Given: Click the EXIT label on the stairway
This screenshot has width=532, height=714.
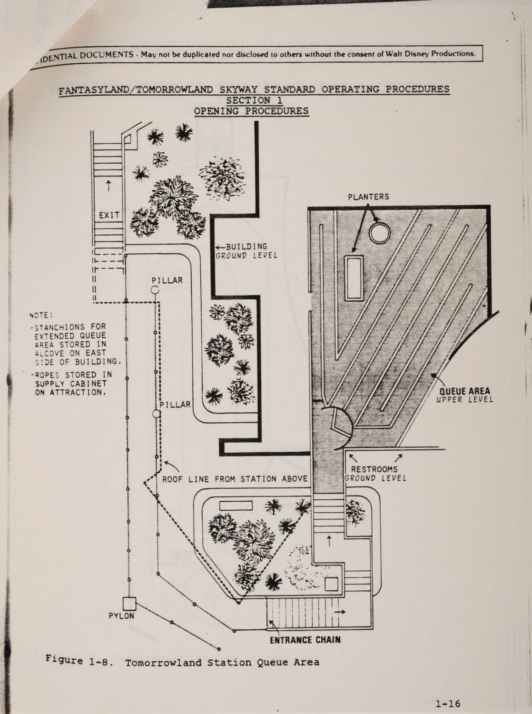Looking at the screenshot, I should pyautogui.click(x=109, y=215).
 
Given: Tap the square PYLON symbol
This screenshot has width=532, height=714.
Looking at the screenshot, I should pyautogui.click(x=129, y=604).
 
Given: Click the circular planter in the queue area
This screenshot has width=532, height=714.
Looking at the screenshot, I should pyautogui.click(x=380, y=232).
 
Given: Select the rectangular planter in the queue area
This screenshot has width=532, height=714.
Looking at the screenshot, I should pyautogui.click(x=354, y=278).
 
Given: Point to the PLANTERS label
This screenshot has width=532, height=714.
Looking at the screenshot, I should pyautogui.click(x=368, y=197).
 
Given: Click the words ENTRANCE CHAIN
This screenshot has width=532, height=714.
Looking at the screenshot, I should pyautogui.click(x=305, y=640).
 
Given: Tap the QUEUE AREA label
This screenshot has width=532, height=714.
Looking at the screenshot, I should pyautogui.click(x=464, y=391).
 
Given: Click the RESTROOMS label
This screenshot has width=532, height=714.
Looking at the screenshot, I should pyautogui.click(x=374, y=469).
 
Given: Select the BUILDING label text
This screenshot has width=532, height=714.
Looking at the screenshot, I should pyautogui.click(x=246, y=247).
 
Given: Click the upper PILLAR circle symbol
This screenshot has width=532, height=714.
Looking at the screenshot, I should pyautogui.click(x=155, y=289).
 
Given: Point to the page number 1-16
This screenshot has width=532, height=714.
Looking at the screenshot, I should pyautogui.click(x=448, y=703).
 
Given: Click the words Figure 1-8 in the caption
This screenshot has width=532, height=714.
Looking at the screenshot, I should pyautogui.click(x=79, y=661).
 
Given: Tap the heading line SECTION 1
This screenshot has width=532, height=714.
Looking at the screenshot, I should pyautogui.click(x=254, y=100).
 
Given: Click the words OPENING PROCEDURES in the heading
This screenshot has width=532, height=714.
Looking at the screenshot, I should pyautogui.click(x=251, y=111).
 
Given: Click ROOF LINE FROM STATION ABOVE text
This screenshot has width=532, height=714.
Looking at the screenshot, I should pyautogui.click(x=235, y=479).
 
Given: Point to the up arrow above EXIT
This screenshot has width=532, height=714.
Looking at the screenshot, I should pyautogui.click(x=108, y=185).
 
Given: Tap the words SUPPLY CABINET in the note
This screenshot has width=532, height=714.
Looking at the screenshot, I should pyautogui.click(x=71, y=384).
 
